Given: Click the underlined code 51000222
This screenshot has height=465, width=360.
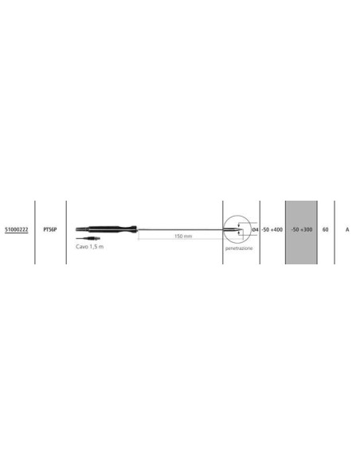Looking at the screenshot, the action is click(17, 229).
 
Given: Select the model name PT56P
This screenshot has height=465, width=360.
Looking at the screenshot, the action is click(50, 229).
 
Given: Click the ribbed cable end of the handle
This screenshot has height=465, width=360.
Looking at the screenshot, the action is click(82, 229).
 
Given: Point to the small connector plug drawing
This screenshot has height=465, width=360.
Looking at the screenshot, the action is click(88, 238).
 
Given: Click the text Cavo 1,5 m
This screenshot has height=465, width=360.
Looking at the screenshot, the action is click(90, 247).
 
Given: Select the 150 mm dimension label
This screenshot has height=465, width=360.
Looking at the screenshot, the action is click(183, 236).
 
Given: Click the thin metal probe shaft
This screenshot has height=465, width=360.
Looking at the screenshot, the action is click(182, 229).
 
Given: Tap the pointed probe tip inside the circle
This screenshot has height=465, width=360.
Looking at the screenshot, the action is click(238, 229).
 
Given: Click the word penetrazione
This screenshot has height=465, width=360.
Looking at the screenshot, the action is click(239, 248).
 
